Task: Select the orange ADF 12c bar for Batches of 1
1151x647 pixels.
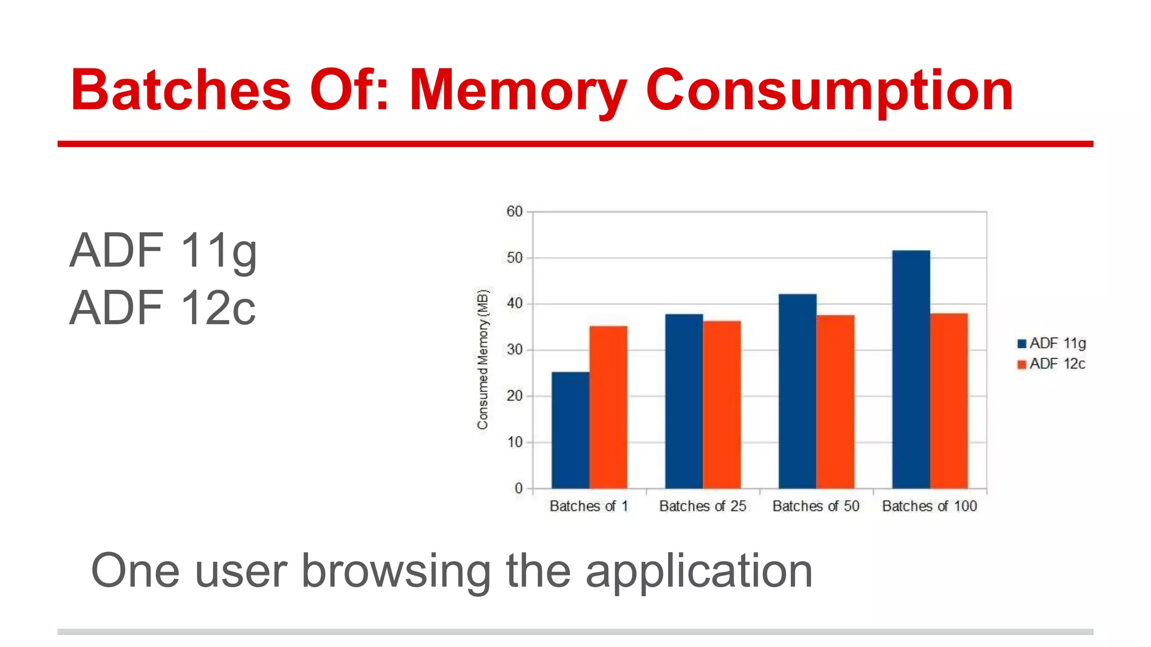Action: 608,407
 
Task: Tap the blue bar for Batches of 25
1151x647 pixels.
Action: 684,401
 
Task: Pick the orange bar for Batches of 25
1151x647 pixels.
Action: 722,404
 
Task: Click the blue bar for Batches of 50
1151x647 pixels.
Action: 797,391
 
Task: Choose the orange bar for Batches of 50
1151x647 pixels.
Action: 835,402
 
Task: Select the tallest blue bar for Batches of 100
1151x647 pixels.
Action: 911,369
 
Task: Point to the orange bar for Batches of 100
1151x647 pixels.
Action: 949,400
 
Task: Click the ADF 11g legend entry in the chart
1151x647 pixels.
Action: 1052,343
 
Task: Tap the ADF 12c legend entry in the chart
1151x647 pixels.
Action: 1052,364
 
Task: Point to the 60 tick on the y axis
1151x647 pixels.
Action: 514,212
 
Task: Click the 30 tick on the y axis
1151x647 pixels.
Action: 514,350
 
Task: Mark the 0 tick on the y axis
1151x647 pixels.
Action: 518,489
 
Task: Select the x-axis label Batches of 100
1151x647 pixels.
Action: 930,506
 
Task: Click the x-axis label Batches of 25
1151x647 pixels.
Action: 703,506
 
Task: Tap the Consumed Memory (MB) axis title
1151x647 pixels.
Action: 483,359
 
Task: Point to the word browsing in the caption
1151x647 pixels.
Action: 396,571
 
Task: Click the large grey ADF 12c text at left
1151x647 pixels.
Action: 162,308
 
